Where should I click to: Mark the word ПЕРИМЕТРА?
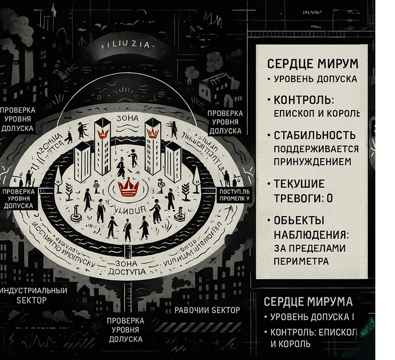tap(301, 261)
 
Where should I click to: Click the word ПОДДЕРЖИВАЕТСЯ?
tap(316, 148)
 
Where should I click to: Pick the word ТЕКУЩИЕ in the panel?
tap(299, 185)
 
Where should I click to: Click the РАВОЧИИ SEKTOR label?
tap(207, 310)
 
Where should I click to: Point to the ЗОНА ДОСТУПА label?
tap(130, 267)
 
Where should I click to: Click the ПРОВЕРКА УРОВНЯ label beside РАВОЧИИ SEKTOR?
tap(125, 330)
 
